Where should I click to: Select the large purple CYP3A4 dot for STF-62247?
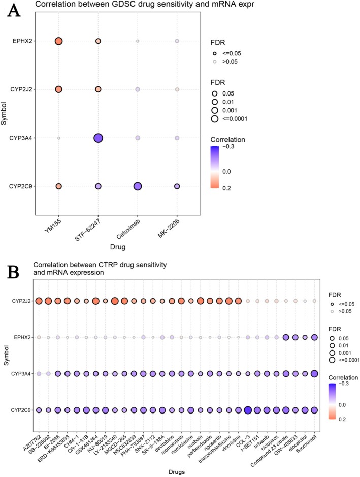[97, 138]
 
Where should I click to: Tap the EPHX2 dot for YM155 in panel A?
[58, 41]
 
